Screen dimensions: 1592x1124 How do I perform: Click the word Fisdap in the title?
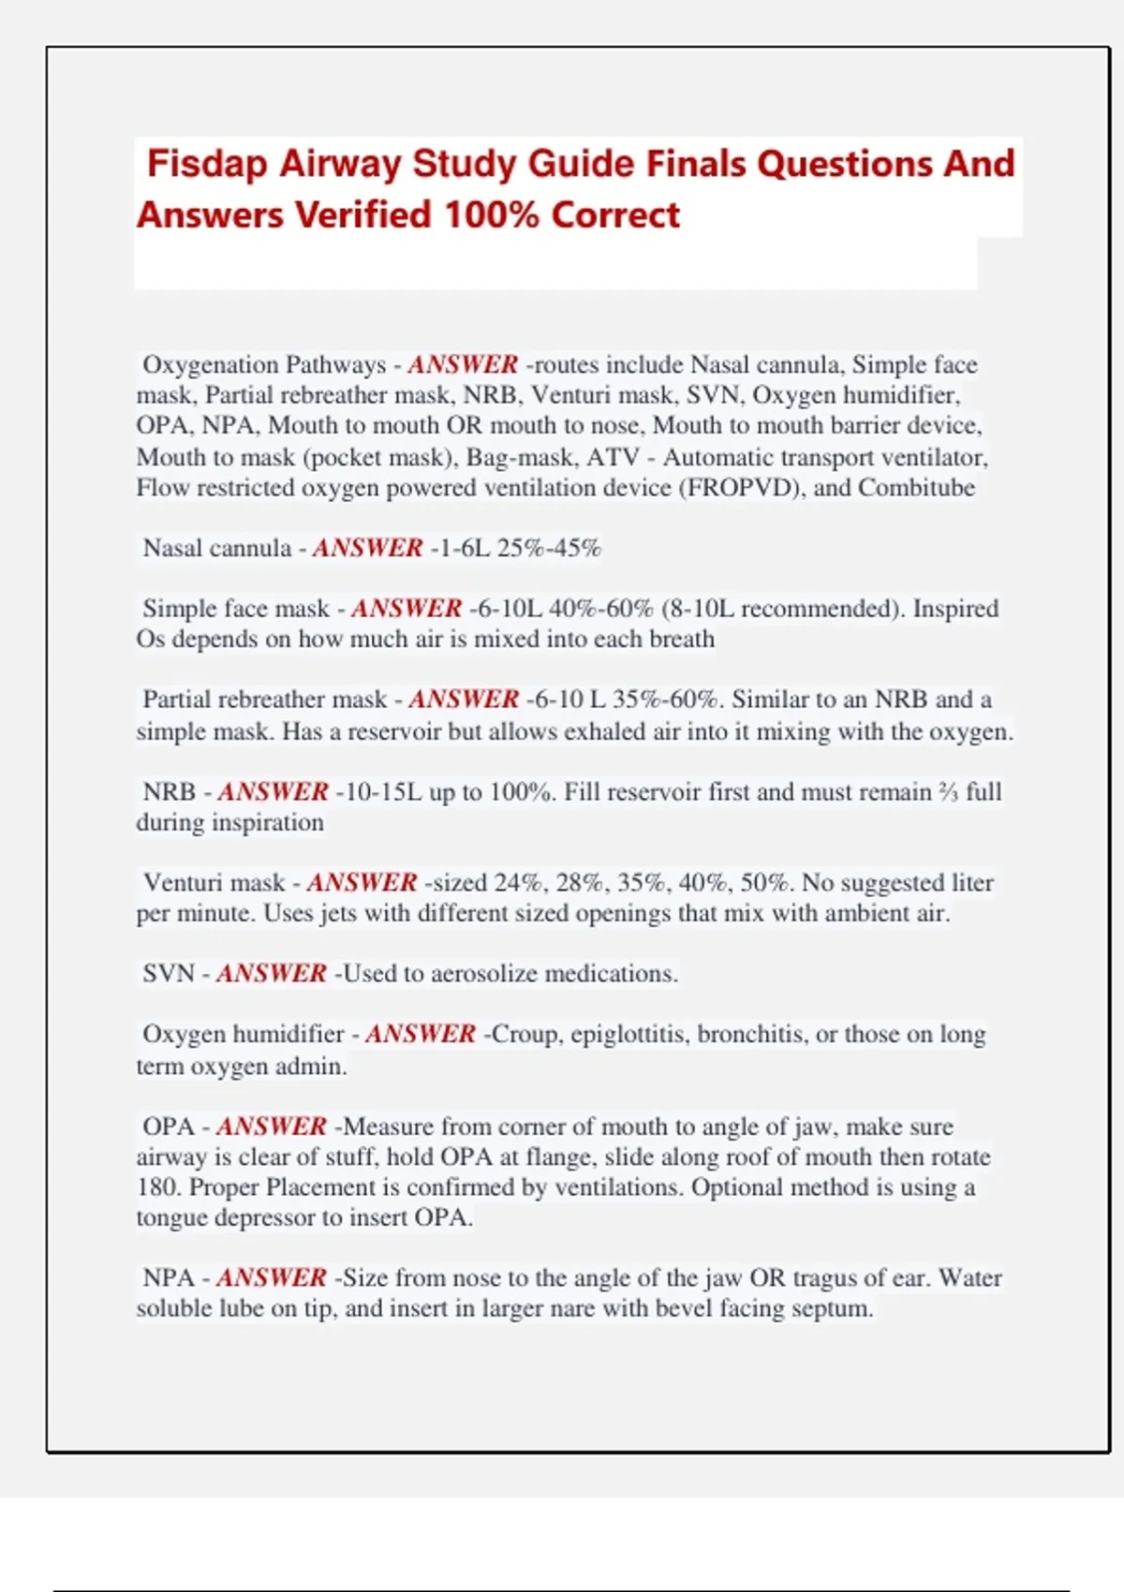[207, 164]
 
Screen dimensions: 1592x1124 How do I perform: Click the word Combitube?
[916, 488]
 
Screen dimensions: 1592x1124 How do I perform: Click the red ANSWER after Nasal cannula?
[367, 548]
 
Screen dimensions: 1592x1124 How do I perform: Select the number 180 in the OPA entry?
[156, 1187]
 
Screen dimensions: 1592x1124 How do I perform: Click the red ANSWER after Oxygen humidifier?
[421, 1035]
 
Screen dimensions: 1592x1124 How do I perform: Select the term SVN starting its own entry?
[169, 974]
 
